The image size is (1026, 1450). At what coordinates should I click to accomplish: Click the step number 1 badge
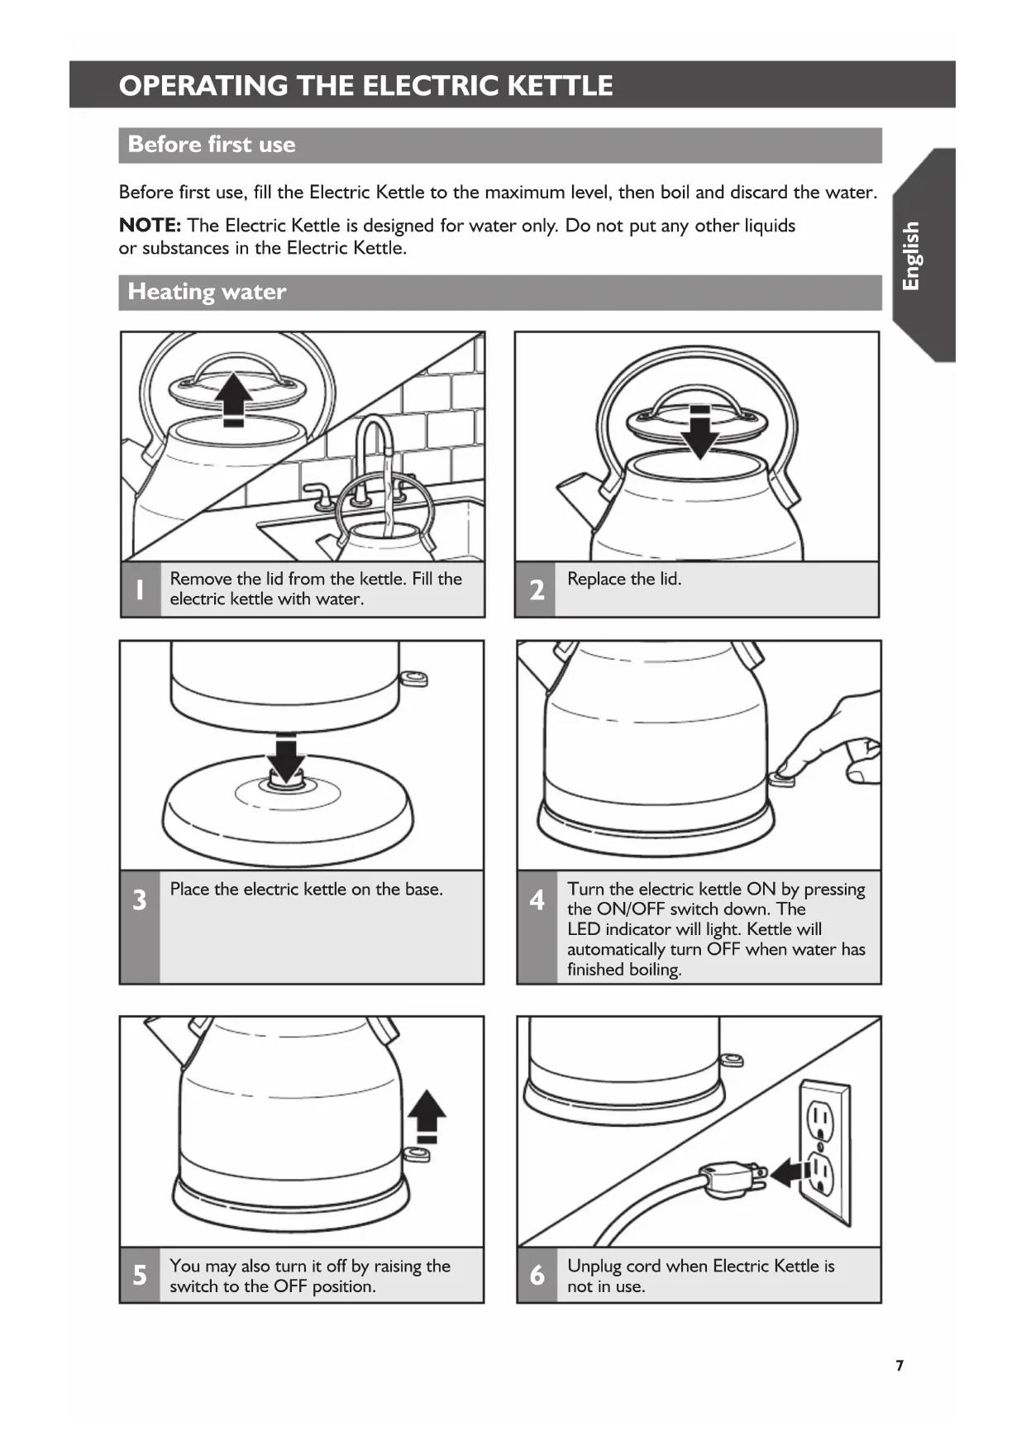tap(140, 589)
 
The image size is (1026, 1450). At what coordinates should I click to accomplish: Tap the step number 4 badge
tap(537, 899)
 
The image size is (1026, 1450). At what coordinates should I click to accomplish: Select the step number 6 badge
tap(537, 1275)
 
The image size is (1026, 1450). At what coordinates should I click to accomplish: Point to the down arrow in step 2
tap(700, 432)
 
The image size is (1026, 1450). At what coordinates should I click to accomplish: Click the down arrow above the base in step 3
tap(286, 756)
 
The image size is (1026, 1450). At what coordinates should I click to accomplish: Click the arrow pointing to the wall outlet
tap(792, 1171)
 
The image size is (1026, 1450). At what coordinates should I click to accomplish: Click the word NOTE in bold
tap(150, 225)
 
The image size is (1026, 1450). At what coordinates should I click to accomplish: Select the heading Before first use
tap(212, 145)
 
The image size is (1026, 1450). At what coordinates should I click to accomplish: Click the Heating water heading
tap(207, 292)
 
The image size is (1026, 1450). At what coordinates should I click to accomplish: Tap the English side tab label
tap(911, 255)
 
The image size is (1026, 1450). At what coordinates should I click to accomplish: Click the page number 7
tap(900, 1365)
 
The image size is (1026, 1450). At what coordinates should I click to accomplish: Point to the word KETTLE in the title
tap(559, 86)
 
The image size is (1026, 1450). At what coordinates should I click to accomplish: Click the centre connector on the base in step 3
tap(286, 781)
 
